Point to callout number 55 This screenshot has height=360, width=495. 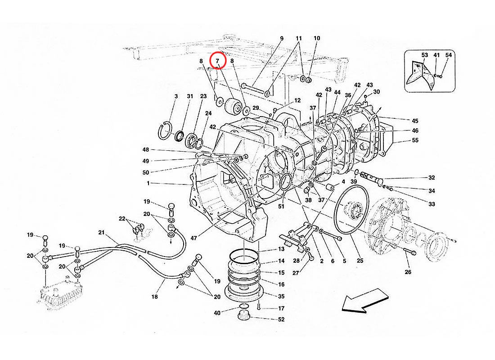[415, 141]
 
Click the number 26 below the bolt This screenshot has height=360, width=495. [408, 271]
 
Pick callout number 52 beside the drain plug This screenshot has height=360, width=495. [282, 319]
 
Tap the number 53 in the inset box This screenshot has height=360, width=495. [424, 55]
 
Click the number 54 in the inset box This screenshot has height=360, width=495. [448, 55]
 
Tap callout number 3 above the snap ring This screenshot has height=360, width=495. [176, 96]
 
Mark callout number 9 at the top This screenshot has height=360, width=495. [282, 38]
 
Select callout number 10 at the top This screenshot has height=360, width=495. [317, 38]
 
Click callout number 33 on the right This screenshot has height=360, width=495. [432, 204]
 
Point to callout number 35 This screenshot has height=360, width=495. [281, 297]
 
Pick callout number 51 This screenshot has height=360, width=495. [281, 207]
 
